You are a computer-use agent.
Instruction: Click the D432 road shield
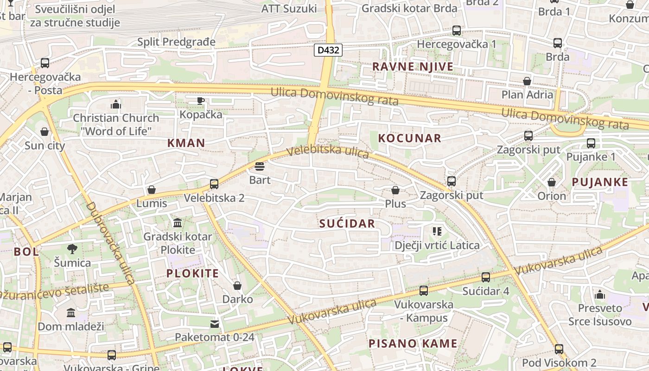pos(328,50)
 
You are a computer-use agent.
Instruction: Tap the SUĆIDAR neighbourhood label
pos(347,224)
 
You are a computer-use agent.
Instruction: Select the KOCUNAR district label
pos(409,138)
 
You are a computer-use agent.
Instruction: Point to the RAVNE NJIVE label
pos(413,67)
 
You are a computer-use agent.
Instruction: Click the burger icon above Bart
pos(260,166)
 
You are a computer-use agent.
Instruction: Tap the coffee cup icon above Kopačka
pos(201,101)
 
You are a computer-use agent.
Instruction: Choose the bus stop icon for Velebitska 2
pos(214,184)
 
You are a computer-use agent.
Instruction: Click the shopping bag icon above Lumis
pos(152,190)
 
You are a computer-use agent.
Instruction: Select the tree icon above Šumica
pos(72,249)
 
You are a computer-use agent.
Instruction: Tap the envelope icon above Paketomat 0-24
pos(215,324)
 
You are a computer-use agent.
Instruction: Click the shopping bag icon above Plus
pos(395,190)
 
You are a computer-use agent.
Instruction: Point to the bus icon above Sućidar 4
pos(486,277)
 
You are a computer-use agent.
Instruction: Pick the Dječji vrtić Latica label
pos(437,245)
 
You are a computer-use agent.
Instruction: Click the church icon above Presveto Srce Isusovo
pos(600,294)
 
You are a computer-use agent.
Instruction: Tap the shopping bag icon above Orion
pos(552,182)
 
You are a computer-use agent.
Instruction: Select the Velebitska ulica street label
pos(327,152)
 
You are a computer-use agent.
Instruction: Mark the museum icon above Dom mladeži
pos(71,313)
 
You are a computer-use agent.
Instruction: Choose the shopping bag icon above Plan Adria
pos(527,81)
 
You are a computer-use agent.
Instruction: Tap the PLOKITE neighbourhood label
pos(192,273)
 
